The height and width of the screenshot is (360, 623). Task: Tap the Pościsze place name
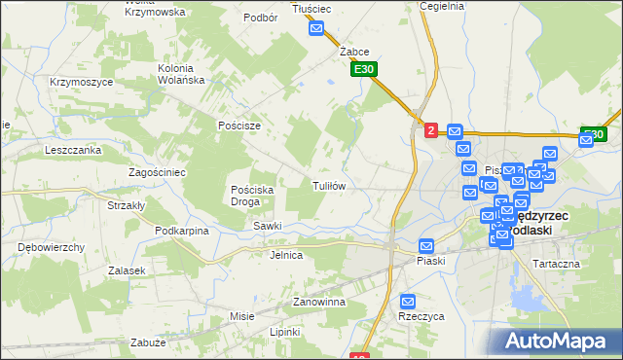(239, 126)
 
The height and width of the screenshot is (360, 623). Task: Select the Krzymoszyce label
(82, 83)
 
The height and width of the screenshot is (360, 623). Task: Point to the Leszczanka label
(73, 151)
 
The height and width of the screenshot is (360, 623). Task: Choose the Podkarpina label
(182, 231)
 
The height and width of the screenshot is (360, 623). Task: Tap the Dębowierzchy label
(52, 247)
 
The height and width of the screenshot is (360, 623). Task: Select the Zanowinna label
(320, 303)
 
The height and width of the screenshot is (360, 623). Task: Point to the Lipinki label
(285, 332)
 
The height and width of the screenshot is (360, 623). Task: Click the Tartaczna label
(556, 264)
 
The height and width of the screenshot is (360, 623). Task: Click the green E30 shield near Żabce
(364, 70)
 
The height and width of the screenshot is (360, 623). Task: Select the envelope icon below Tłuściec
(316, 29)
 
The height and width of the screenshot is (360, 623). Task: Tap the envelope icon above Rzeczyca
(408, 302)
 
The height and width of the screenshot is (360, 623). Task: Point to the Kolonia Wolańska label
(193, 74)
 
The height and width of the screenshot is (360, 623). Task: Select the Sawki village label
(268, 226)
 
